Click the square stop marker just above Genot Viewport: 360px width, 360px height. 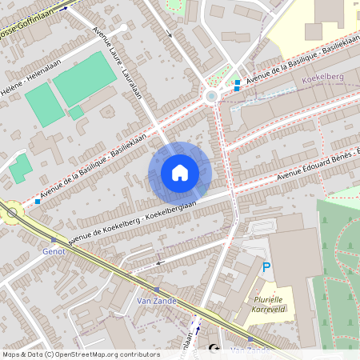pyautogui.click(x=54, y=239)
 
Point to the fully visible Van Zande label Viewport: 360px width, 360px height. pyautogui.click(x=157, y=302)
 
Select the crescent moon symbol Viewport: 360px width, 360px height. pyautogui.click(x=213, y=349)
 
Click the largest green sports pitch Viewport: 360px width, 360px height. pyautogui.click(x=84, y=78)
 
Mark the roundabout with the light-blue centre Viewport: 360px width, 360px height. pyautogui.click(x=211, y=97)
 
